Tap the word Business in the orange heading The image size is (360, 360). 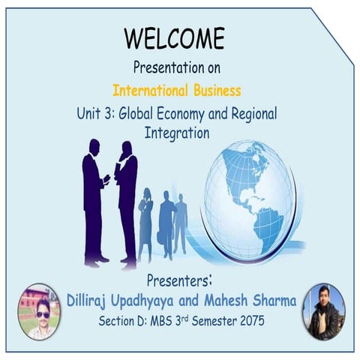[x=214, y=91]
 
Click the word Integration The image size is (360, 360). [x=176, y=133]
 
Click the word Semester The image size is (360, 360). [x=204, y=322]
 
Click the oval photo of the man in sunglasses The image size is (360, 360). [x=40, y=310]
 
